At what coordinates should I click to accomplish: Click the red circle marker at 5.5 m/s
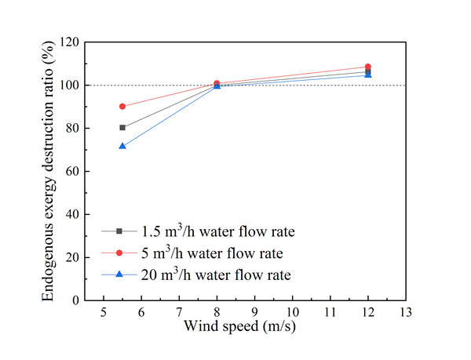point(122,106)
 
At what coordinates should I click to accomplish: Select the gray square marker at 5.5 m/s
point(122,127)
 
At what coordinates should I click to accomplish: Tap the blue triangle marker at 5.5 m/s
point(122,146)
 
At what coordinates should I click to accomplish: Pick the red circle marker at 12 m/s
point(368,67)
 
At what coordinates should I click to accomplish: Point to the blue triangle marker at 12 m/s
point(368,75)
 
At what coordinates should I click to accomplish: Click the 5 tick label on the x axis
point(104,313)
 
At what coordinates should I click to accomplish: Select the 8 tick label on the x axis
point(217,313)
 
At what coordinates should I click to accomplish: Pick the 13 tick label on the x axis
point(406,313)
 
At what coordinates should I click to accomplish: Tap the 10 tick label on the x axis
point(292,313)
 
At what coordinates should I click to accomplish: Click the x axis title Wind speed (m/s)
point(254,325)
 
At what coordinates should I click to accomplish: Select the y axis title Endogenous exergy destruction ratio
point(49,171)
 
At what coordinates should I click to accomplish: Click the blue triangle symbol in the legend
point(119,275)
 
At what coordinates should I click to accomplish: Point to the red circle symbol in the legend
point(119,253)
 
